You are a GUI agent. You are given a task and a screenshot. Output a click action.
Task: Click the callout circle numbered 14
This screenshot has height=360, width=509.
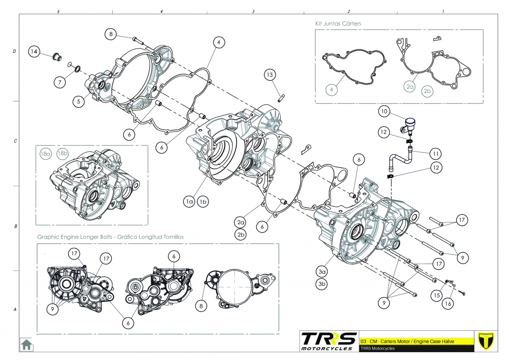(34, 51)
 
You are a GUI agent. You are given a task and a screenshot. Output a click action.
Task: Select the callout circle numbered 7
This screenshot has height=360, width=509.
(60, 83)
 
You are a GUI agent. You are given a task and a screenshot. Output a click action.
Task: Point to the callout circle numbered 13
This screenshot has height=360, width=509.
(269, 75)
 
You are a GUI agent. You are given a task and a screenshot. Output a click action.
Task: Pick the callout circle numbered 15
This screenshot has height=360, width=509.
(435, 295)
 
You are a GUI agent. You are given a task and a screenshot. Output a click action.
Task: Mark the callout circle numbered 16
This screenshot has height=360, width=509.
(447, 304)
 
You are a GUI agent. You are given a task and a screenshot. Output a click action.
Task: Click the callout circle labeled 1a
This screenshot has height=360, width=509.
(189, 201)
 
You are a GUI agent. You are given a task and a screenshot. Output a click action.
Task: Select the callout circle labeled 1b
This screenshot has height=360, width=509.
(203, 201)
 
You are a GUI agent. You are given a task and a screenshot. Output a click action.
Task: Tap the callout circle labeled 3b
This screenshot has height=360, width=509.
(322, 284)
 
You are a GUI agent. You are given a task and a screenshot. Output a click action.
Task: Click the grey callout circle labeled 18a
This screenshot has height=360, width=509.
(46, 154)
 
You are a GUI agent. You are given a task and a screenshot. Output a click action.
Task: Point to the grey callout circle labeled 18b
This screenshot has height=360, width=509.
(63, 154)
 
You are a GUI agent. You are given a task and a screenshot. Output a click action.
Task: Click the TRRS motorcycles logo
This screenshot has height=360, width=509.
(329, 341)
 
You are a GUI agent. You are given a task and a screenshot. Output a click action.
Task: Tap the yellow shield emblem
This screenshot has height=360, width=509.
(488, 341)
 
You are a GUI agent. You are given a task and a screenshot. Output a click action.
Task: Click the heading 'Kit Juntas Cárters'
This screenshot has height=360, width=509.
(339, 23)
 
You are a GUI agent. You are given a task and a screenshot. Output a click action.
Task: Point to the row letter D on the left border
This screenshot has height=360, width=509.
(14, 51)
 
